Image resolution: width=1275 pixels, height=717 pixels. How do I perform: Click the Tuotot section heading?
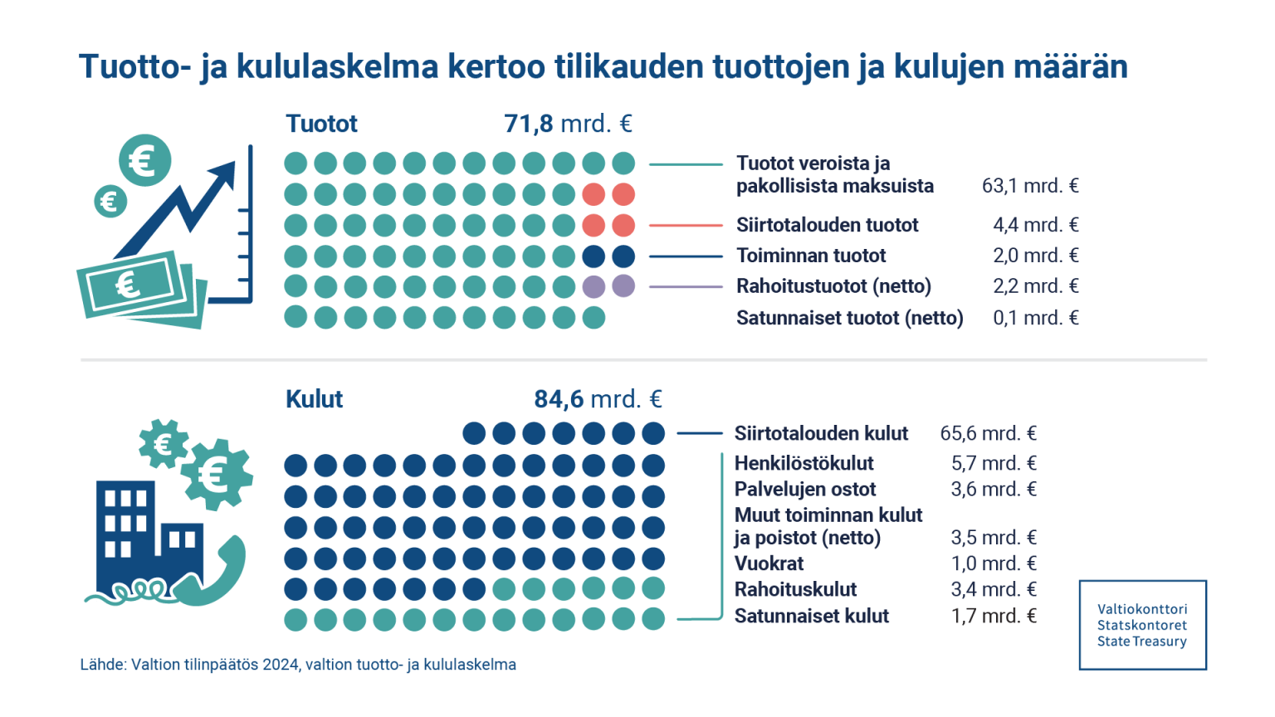[x=321, y=124]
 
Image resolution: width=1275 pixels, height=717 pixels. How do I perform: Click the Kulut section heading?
[x=314, y=399]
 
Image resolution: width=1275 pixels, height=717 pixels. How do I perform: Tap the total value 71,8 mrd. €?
[x=568, y=124]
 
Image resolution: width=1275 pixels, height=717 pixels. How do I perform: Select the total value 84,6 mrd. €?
[x=598, y=399]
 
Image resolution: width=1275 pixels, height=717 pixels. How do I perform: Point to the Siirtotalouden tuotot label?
[x=827, y=225]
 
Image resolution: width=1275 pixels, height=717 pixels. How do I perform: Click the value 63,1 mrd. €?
[x=1030, y=186]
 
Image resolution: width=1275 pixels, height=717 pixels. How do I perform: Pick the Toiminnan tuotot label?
[x=811, y=256]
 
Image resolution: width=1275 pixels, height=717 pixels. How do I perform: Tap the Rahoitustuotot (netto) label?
[x=833, y=286]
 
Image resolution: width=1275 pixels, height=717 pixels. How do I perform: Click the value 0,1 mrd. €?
[x=1036, y=318]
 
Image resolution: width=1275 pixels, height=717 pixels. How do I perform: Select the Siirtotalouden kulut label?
[x=821, y=433]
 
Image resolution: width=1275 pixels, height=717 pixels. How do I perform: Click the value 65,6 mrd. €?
[x=988, y=433]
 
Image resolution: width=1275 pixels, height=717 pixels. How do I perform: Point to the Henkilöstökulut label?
[x=804, y=463]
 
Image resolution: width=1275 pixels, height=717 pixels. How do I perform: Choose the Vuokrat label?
[x=769, y=563]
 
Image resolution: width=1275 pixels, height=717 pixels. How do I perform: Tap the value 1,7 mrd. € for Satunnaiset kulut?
[x=994, y=616]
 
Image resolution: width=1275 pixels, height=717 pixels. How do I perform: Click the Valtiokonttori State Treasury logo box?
[x=1142, y=625]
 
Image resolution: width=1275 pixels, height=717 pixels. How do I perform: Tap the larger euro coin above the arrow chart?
[x=144, y=160]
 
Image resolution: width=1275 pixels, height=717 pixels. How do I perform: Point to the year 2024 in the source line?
[x=281, y=665]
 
